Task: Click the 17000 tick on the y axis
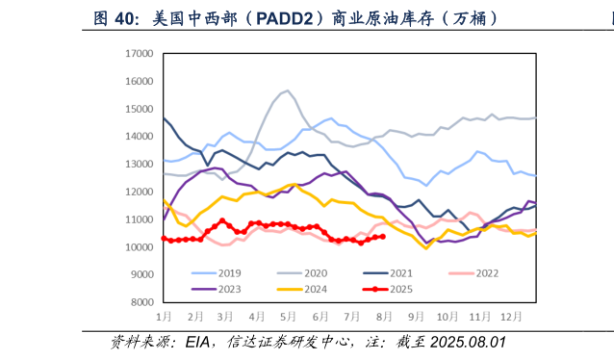[x=140, y=55]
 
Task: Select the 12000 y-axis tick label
[x=140, y=193]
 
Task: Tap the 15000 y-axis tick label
[x=140, y=110]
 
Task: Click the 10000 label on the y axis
[x=140, y=247]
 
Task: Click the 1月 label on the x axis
[x=165, y=317]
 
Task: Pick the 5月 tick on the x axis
[x=288, y=317]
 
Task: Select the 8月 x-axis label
[x=383, y=317]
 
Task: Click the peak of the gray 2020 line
[x=287, y=90]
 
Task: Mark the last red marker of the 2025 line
[x=383, y=236]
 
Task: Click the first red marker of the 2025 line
[x=164, y=238]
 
